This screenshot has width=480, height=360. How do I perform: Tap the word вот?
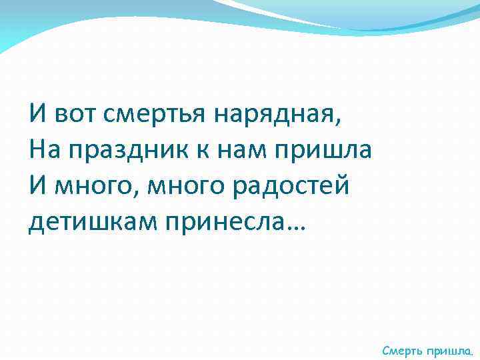click(77, 114)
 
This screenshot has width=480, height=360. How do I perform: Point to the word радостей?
click(292, 185)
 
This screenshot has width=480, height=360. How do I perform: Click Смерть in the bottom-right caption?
click(402, 349)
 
